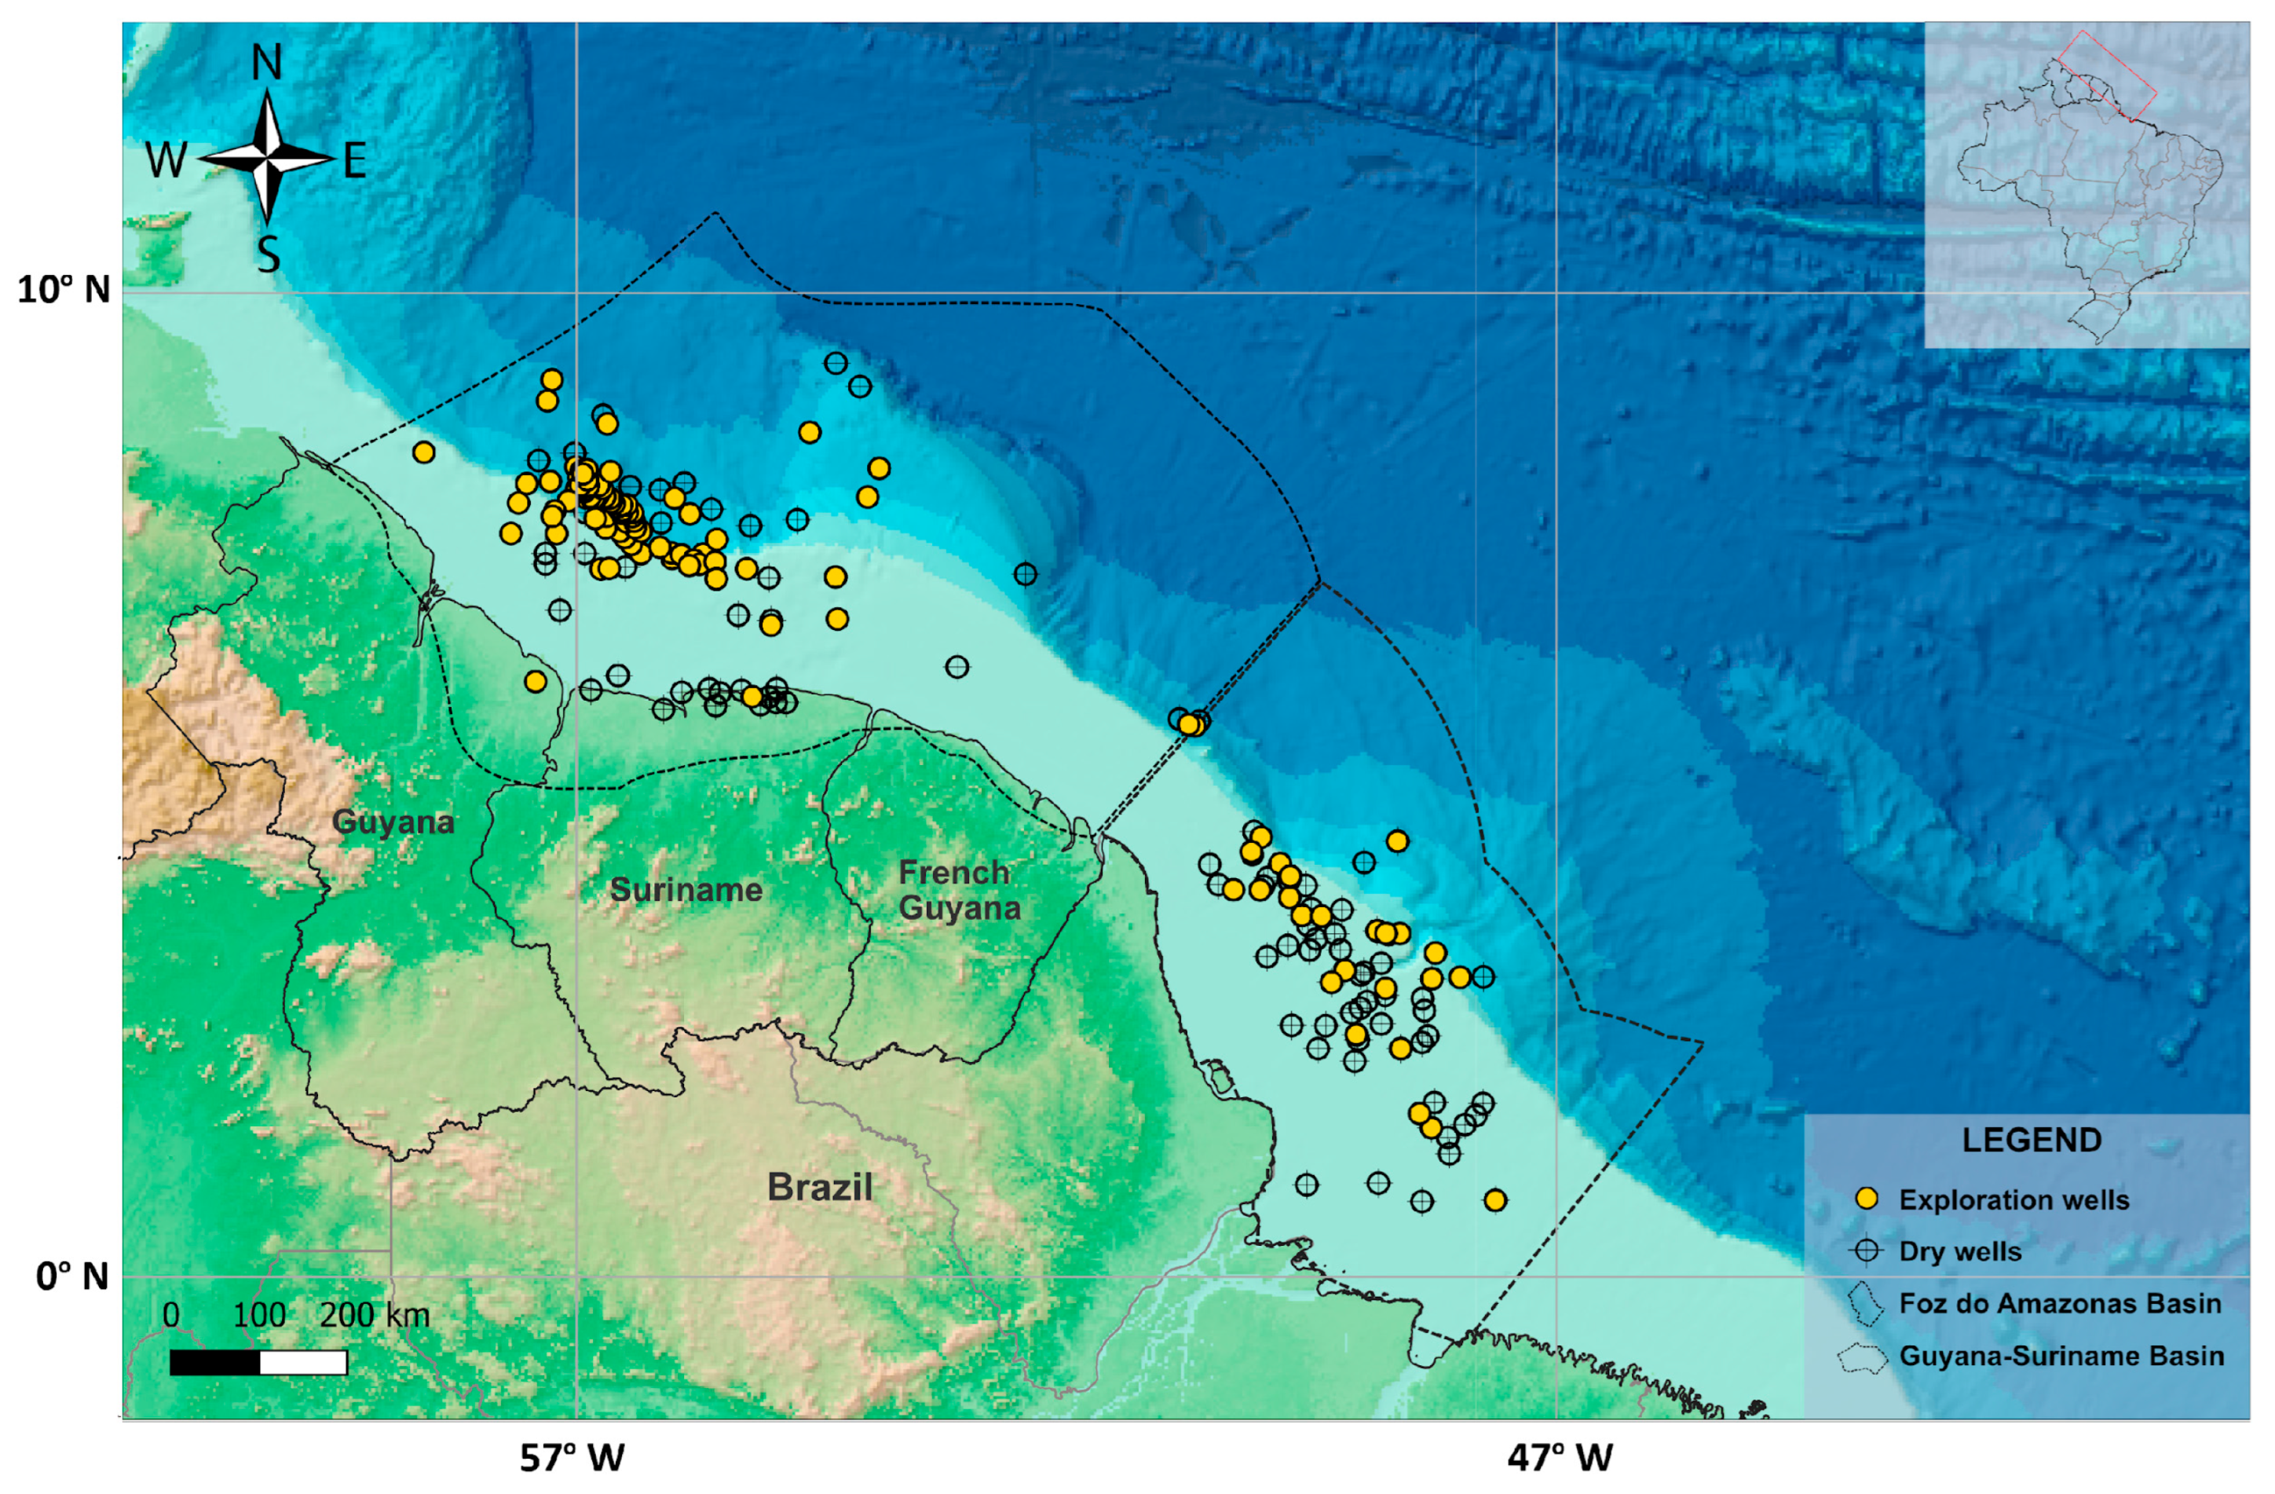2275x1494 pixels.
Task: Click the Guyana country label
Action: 393,822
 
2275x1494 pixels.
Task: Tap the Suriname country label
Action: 686,890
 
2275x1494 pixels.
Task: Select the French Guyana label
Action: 959,890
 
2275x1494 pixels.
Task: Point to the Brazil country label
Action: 819,1187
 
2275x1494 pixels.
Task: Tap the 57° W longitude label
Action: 572,1458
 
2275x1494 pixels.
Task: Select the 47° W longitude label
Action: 1559,1458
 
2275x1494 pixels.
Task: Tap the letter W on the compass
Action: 166,160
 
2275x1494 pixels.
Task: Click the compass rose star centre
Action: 268,159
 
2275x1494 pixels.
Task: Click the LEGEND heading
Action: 2032,1141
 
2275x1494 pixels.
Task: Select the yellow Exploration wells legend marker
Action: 1866,1199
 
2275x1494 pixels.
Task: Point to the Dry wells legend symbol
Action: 1866,1251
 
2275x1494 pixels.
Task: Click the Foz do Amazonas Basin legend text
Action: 2060,1304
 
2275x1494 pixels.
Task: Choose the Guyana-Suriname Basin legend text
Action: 2061,1356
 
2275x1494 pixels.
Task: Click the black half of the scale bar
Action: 215,1362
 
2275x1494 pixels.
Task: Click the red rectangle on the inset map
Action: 2107,75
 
